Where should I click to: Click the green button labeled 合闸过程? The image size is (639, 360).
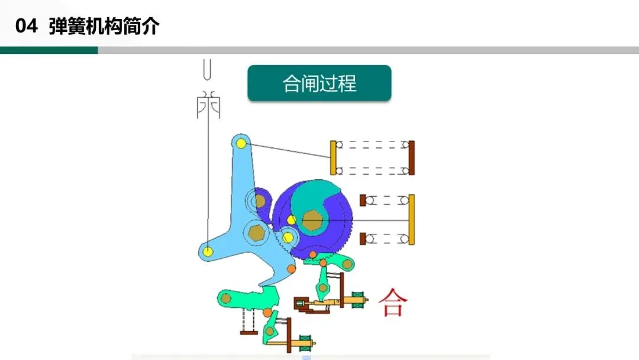coord(319,83)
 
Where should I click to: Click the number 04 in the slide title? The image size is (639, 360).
coord(27,27)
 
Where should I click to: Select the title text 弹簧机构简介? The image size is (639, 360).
coord(104,27)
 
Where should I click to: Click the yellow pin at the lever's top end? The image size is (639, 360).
coord(241,143)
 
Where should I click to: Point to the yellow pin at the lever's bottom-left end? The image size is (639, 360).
coord(208,251)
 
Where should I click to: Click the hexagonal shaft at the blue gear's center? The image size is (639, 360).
coord(311,220)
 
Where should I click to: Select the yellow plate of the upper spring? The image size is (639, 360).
coord(333,158)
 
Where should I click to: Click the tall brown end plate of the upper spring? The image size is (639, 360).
coord(411,158)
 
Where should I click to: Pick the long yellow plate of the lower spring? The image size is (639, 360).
coord(411,219)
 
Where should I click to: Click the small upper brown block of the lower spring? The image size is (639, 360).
coord(363,200)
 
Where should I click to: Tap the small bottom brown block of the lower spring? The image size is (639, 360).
coord(363,239)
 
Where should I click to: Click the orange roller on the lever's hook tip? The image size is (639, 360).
coord(291,269)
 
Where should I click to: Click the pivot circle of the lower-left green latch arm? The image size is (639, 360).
coord(225,299)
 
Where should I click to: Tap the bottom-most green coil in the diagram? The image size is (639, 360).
coord(306,341)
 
